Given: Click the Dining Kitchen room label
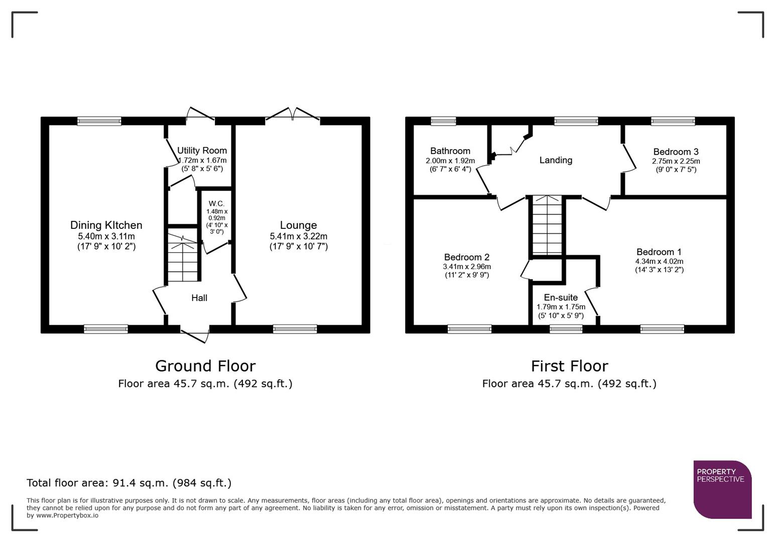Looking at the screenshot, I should pyautogui.click(x=106, y=225).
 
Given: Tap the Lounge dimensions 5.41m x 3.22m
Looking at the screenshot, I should pyautogui.click(x=298, y=236).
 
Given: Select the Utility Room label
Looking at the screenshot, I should pyautogui.click(x=202, y=151).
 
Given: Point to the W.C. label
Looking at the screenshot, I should pyautogui.click(x=216, y=204).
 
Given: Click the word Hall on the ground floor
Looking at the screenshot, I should pyautogui.click(x=199, y=298).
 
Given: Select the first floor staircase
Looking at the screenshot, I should pyautogui.click(x=547, y=226).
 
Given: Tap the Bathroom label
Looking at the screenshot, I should pyautogui.click(x=450, y=151).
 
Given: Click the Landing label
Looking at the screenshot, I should pyautogui.click(x=556, y=160).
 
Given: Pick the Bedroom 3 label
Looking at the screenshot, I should pyautogui.click(x=676, y=152).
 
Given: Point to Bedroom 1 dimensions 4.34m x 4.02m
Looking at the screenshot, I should pyautogui.click(x=659, y=261).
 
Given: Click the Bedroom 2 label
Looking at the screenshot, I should pyautogui.click(x=466, y=257).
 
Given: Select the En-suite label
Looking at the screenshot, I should pyautogui.click(x=561, y=298).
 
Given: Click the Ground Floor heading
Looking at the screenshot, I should pyautogui.click(x=205, y=366).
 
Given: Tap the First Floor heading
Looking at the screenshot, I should pyautogui.click(x=569, y=366).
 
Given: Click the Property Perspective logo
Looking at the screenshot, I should pyautogui.click(x=722, y=489).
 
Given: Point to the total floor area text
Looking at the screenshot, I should pyautogui.click(x=129, y=483).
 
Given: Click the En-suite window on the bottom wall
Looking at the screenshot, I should pyautogui.click(x=566, y=329).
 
